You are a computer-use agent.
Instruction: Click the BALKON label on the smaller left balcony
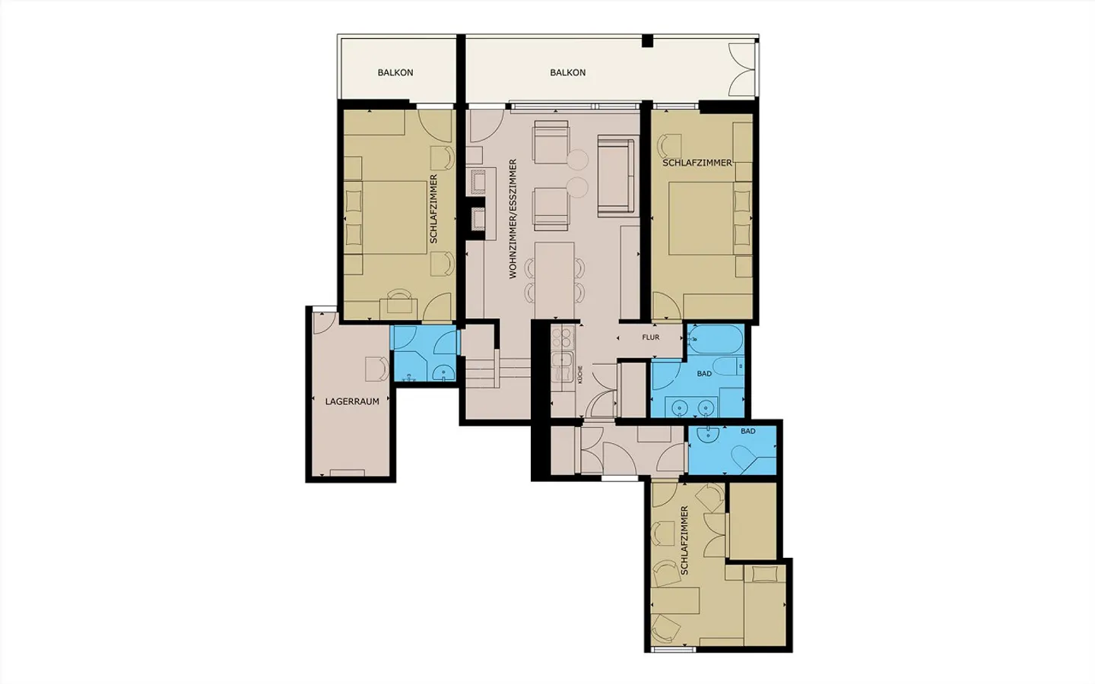coord(395,73)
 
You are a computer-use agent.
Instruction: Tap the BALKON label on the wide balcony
coord(568,73)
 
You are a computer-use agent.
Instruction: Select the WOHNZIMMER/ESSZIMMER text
coord(513,219)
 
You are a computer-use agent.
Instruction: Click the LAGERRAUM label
coord(352,401)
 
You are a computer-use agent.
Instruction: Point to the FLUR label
coord(650,337)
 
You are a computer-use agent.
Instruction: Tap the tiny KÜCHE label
coord(580,374)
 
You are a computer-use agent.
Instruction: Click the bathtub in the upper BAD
coord(716,340)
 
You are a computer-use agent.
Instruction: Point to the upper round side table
coord(578,160)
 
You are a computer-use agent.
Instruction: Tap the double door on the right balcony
coord(741,68)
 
